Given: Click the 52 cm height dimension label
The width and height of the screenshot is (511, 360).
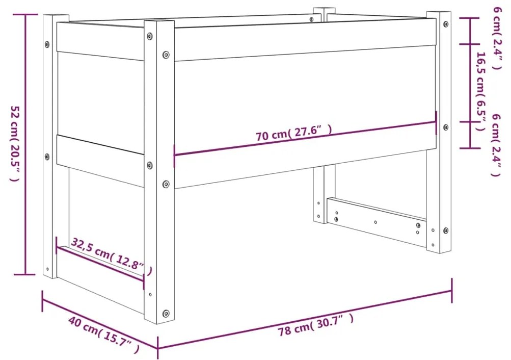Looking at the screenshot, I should click(15, 144).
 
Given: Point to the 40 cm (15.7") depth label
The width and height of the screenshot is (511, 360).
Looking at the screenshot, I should click(103, 335).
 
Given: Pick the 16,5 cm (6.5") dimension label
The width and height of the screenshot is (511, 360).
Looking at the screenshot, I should click(480, 91).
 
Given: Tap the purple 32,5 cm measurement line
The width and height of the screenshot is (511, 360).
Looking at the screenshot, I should click(100, 262).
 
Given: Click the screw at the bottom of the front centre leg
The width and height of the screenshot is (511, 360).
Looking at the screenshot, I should click(166, 313).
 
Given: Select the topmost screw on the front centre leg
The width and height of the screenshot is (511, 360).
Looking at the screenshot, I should click(149, 36).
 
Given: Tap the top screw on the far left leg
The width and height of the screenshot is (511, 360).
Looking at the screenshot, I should click(47, 44).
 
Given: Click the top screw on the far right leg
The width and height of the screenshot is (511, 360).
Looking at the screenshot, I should click(446, 24).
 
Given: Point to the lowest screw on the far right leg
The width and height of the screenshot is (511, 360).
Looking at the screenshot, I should click(446, 230).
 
